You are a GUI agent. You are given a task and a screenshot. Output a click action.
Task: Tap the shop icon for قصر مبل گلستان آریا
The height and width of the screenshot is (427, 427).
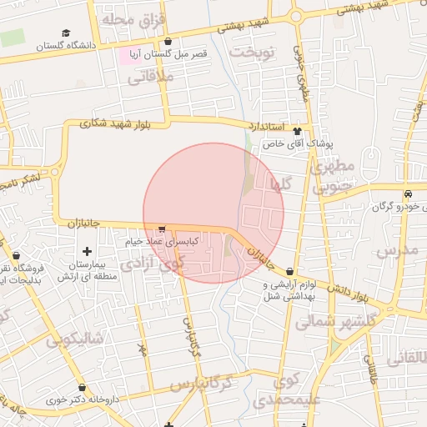tap(169, 41)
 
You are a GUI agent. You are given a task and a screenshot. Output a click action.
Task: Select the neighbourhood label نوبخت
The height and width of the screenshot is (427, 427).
tap(253, 52)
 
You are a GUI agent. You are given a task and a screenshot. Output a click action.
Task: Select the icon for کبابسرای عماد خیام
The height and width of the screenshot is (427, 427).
tap(162, 229)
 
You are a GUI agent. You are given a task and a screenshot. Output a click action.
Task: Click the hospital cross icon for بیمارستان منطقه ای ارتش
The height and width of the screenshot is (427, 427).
tap(87, 251)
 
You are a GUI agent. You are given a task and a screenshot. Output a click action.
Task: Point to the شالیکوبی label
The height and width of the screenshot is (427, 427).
tap(75, 339)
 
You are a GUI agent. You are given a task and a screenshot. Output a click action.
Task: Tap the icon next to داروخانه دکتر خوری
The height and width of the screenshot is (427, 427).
tap(82, 388)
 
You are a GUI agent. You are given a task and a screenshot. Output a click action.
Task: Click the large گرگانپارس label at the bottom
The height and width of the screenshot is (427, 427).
tap(209, 384)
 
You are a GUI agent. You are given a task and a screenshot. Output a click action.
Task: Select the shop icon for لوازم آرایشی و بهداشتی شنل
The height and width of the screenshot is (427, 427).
tap(289, 272)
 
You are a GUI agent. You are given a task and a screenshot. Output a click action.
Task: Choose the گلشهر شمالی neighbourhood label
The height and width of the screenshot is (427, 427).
tap(335, 320)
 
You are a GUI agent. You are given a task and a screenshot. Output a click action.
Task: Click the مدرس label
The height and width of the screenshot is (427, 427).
tap(396, 249)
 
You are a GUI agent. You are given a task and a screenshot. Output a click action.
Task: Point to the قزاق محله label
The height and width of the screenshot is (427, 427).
tap(133, 18)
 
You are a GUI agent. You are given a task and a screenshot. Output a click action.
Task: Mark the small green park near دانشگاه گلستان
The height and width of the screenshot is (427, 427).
tap(13, 38)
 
